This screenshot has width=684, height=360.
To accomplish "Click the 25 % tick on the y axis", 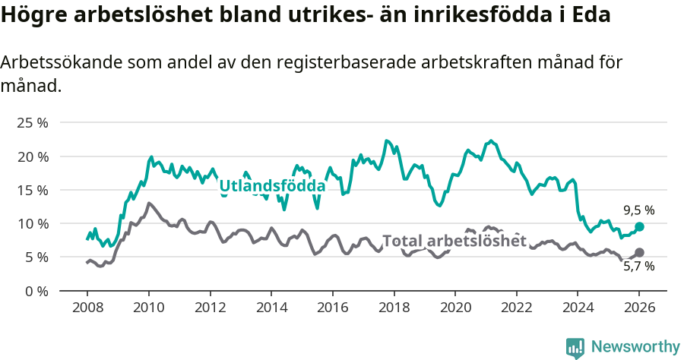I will pyautogui.click(x=33, y=123).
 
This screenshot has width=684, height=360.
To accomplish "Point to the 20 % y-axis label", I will pyautogui.click(x=33, y=156).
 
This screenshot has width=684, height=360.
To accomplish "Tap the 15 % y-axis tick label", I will pyautogui.click(x=33, y=190).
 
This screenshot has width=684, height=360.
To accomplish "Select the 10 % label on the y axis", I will pyautogui.click(x=33, y=223).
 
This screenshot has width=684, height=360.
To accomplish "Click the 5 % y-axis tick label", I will pyautogui.click(x=36, y=257).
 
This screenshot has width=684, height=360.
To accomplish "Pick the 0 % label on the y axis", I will pyautogui.click(x=36, y=291).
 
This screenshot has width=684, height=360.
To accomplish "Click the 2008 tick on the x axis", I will pyautogui.click(x=87, y=309).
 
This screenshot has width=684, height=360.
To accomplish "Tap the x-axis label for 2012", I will pyautogui.click(x=210, y=309).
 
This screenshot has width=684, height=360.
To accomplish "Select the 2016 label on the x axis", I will pyautogui.click(x=332, y=309).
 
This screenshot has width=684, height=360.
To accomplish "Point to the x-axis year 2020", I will pyautogui.click(x=455, y=309).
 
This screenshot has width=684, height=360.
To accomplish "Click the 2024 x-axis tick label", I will pyautogui.click(x=578, y=309).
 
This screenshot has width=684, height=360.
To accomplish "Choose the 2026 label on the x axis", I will pyautogui.click(x=639, y=309).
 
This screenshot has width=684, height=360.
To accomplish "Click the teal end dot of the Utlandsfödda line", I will pyautogui.click(x=639, y=227).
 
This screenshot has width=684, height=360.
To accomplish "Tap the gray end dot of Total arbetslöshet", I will pyautogui.click(x=639, y=252).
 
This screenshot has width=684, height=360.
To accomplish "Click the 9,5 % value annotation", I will pyautogui.click(x=638, y=210).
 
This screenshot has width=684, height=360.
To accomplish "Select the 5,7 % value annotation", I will pyautogui.click(x=638, y=267).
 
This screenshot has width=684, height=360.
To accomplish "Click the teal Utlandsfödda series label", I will pyautogui.click(x=272, y=186).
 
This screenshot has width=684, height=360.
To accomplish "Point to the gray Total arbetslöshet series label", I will pyautogui.click(x=454, y=241).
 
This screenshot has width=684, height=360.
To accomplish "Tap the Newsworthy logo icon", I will pyautogui.click(x=575, y=347).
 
